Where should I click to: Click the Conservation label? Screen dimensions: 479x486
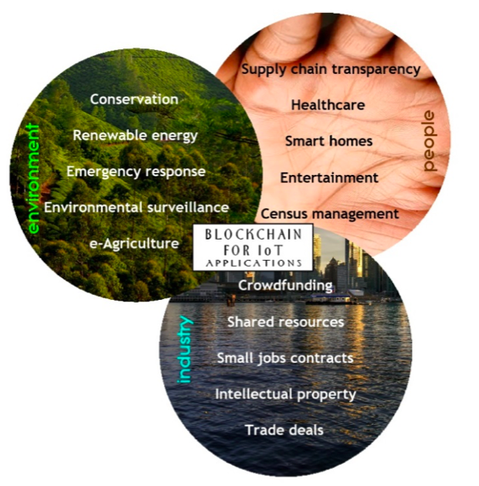point(134,99)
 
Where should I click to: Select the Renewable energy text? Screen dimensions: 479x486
point(135,136)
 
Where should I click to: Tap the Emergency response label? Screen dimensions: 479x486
point(136,172)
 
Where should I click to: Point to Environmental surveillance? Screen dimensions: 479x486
point(137,207)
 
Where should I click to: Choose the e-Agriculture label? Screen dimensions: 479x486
point(134,244)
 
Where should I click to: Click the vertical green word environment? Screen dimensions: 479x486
point(33,178)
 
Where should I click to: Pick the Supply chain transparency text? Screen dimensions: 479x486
point(331,70)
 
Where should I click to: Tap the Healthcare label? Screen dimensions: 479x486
point(328,105)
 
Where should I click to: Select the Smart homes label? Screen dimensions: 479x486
point(329,141)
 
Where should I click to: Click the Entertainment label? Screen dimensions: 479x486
point(329,178)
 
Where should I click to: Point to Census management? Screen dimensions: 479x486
point(330,214)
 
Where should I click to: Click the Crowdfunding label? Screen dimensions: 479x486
point(285,285)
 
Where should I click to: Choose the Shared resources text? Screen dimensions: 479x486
point(285,322)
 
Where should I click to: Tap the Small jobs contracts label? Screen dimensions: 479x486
point(285,359)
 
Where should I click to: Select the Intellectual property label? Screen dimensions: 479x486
point(285,395)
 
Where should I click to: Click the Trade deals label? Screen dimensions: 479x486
point(285,431)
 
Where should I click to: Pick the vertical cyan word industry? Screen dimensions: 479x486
point(185,349)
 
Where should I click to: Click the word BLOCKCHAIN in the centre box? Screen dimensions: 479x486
point(253,235)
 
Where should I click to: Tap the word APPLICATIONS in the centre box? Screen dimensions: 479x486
point(254,263)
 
